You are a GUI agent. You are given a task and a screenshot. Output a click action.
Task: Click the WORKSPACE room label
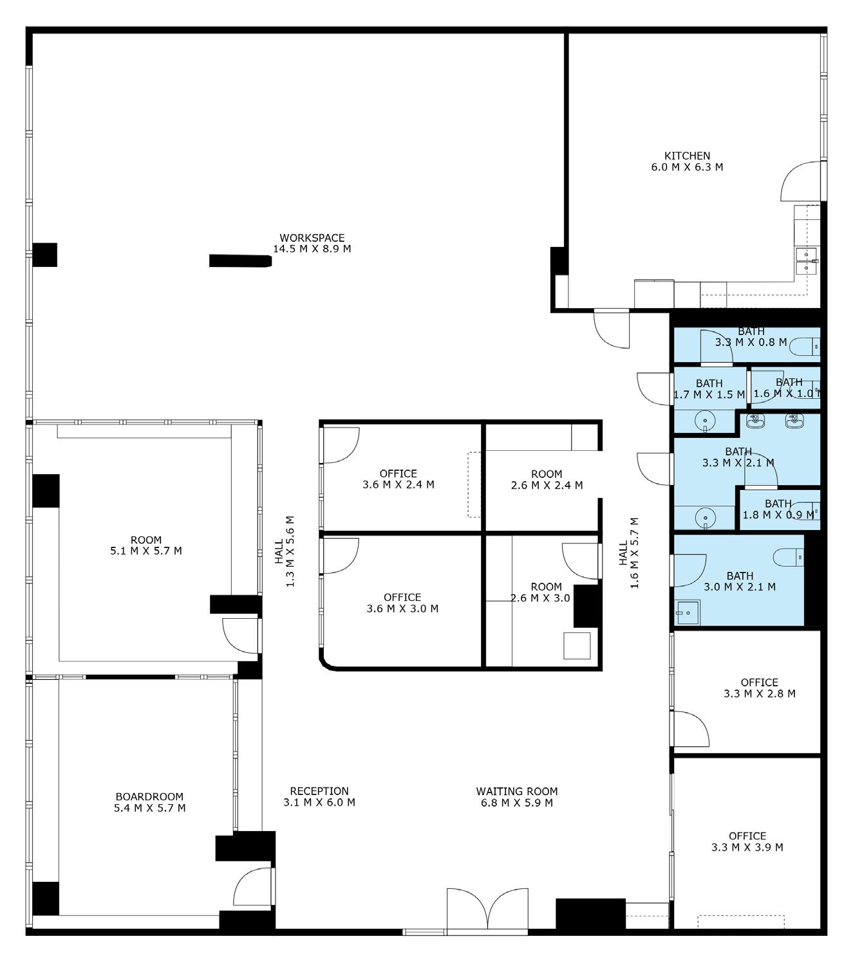(x=312, y=237)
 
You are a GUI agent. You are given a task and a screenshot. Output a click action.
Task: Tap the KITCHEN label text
(x=687, y=156)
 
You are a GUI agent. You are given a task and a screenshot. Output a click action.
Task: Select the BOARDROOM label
(x=149, y=796)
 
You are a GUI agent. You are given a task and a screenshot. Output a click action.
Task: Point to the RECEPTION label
(x=319, y=791)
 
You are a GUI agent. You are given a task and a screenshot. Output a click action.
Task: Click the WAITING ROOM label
(x=517, y=791)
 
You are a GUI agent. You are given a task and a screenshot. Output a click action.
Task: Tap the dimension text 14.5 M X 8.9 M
(x=312, y=248)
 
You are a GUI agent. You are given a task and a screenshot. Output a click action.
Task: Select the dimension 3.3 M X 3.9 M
(x=747, y=847)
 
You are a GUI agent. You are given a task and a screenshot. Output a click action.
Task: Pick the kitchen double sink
(x=807, y=261)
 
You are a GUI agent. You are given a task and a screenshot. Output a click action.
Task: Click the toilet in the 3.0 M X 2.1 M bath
(x=789, y=557)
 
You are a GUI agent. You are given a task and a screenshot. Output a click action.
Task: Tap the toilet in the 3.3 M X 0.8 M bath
(x=805, y=346)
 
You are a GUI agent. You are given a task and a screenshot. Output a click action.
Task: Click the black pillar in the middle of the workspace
(x=240, y=261)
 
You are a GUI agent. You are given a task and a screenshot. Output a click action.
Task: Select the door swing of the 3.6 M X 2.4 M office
(x=341, y=445)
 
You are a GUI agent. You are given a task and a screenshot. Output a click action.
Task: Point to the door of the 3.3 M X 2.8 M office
(x=689, y=729)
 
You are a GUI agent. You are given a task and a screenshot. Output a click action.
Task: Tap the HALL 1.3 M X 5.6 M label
(x=285, y=551)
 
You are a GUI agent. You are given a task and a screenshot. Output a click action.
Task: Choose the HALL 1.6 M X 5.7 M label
(x=629, y=553)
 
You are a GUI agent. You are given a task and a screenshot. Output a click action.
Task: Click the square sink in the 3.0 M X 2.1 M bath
(x=687, y=612)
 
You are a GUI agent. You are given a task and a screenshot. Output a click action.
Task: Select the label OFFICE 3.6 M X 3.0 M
(x=402, y=603)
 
